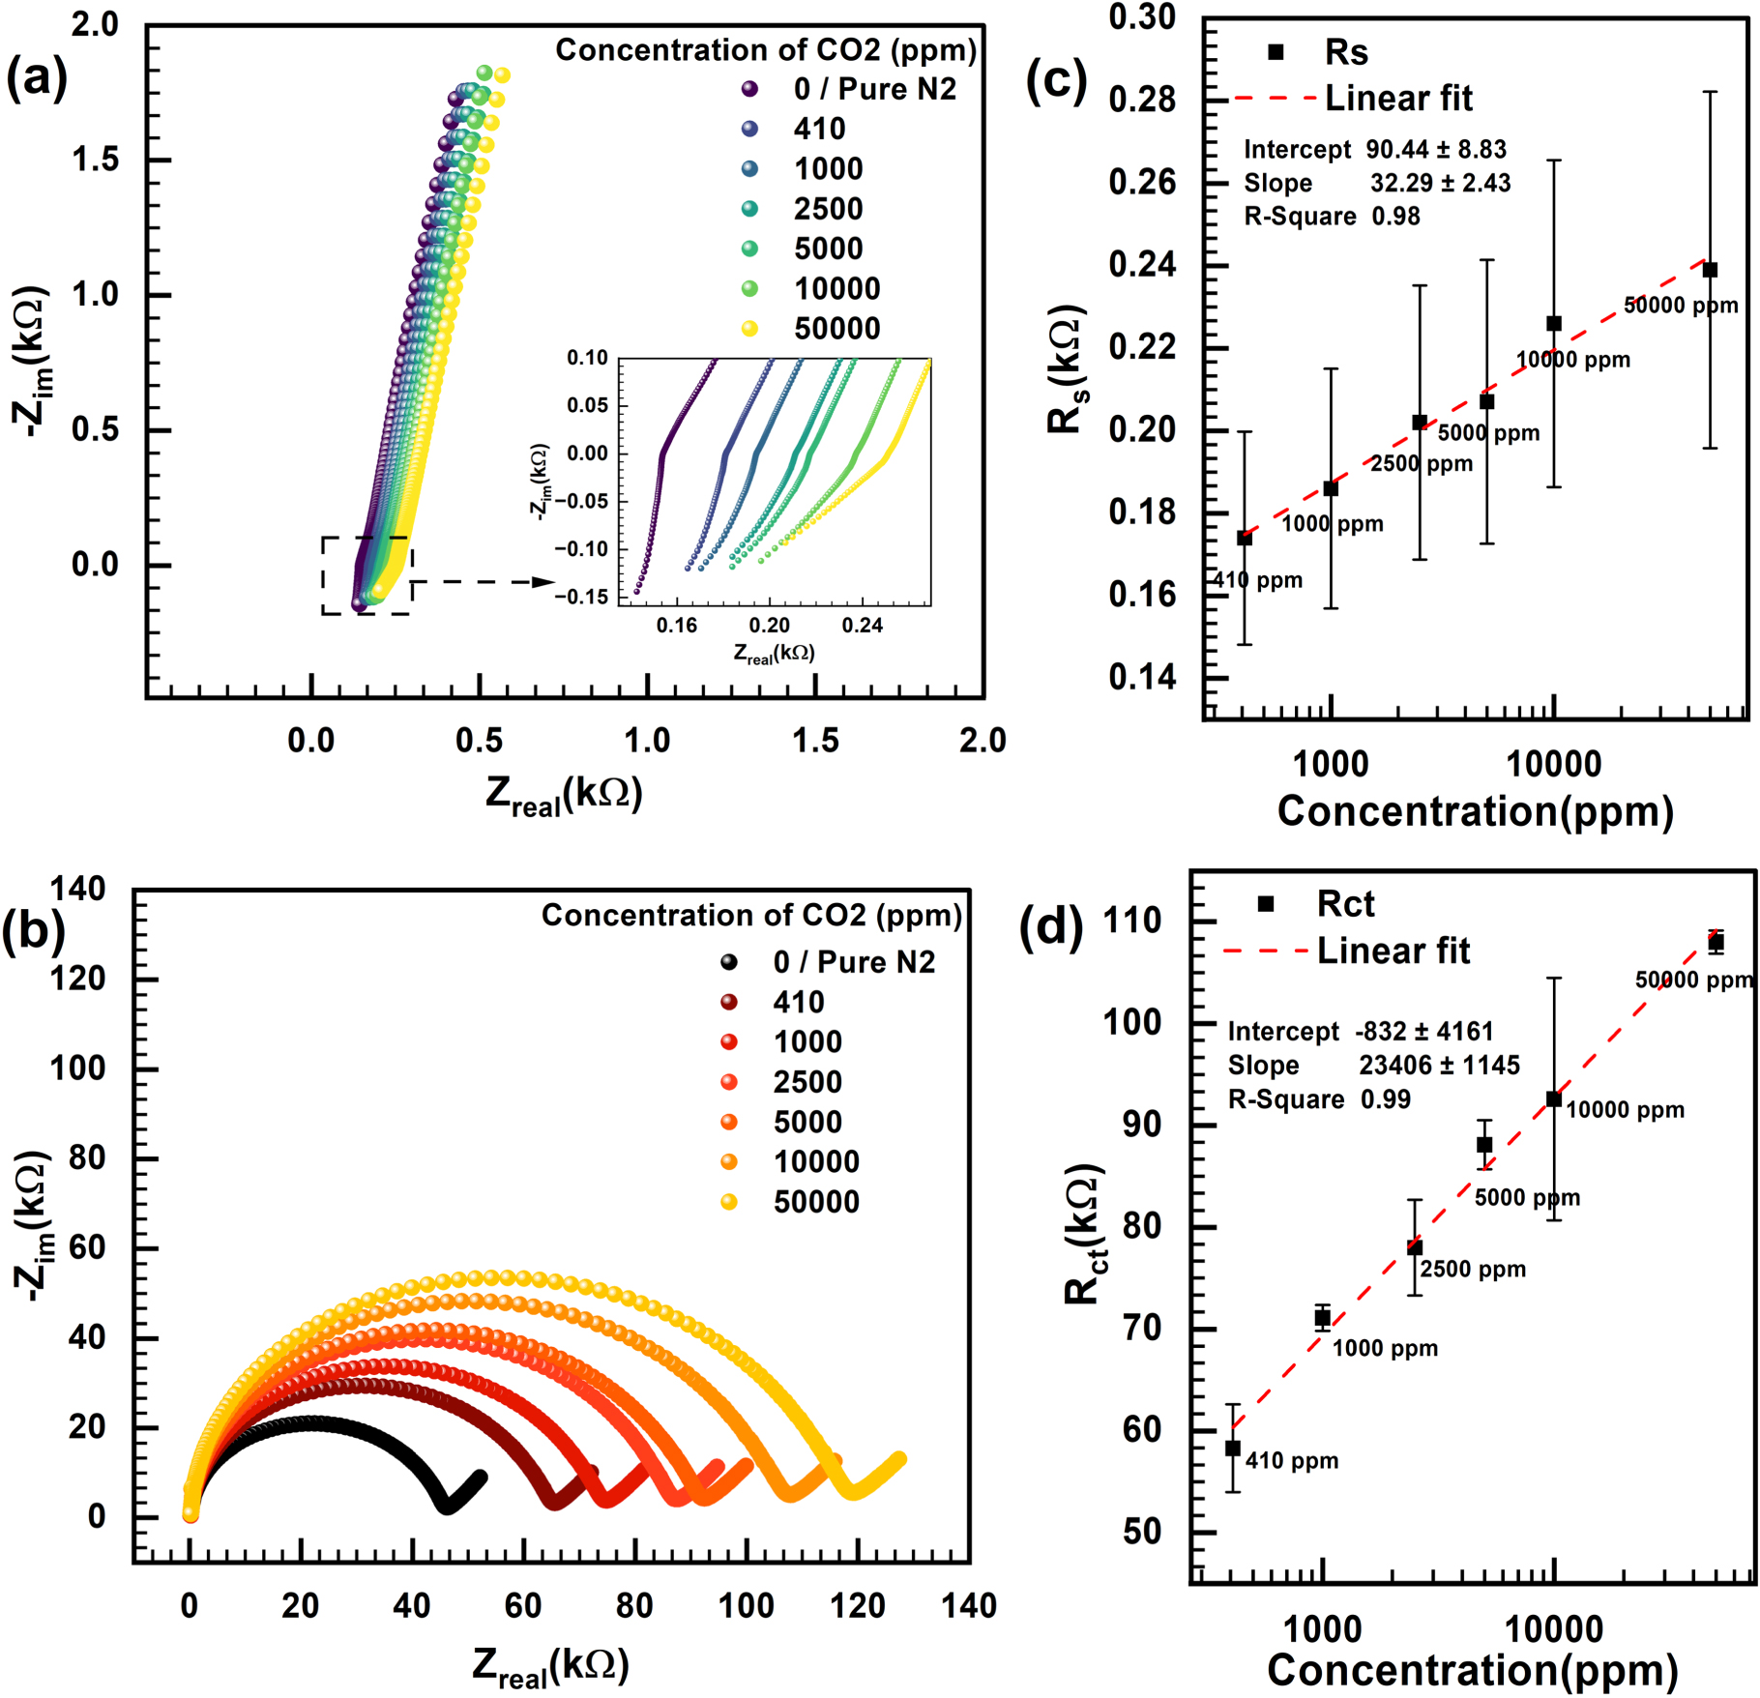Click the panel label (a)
37,78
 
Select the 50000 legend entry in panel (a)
836,329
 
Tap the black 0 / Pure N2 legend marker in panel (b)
729,962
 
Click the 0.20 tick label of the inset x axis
770,626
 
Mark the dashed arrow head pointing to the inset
543,582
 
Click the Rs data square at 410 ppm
1245,538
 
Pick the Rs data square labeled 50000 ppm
1710,270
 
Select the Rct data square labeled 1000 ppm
1322,1318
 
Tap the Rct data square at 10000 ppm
1554,1099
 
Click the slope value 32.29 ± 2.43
1440,183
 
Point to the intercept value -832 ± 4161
1423,1032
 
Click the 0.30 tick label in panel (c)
1142,17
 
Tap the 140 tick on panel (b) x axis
969,1607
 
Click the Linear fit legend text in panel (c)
1397,99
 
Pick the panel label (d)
1051,926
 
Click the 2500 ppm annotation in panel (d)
1473,1270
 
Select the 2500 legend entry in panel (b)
807,1082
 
